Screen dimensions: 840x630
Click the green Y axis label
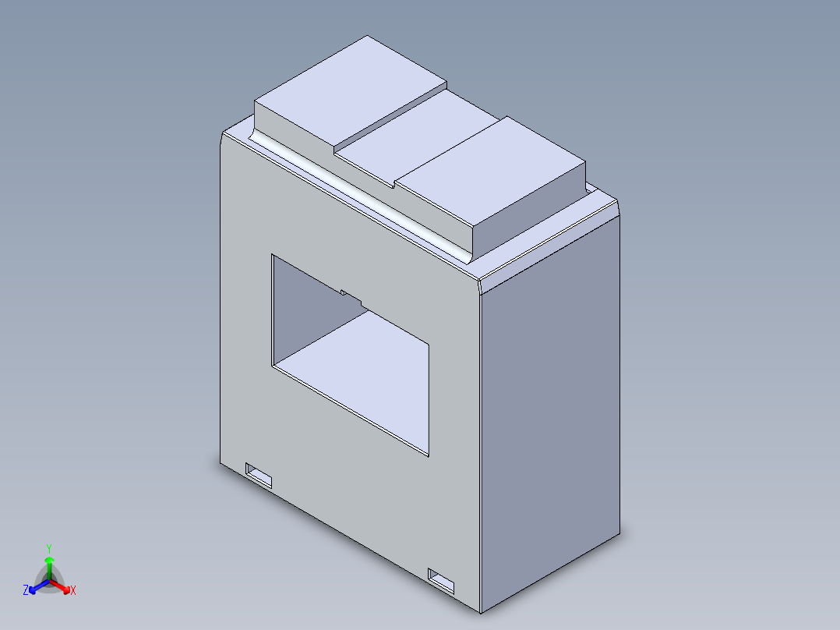click(49, 548)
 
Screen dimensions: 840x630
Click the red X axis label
click(73, 590)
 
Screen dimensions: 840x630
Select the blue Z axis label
click(26, 589)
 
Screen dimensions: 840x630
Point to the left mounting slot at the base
click(259, 476)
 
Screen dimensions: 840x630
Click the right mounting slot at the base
click(441, 581)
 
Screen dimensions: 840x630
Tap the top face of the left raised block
click(351, 91)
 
